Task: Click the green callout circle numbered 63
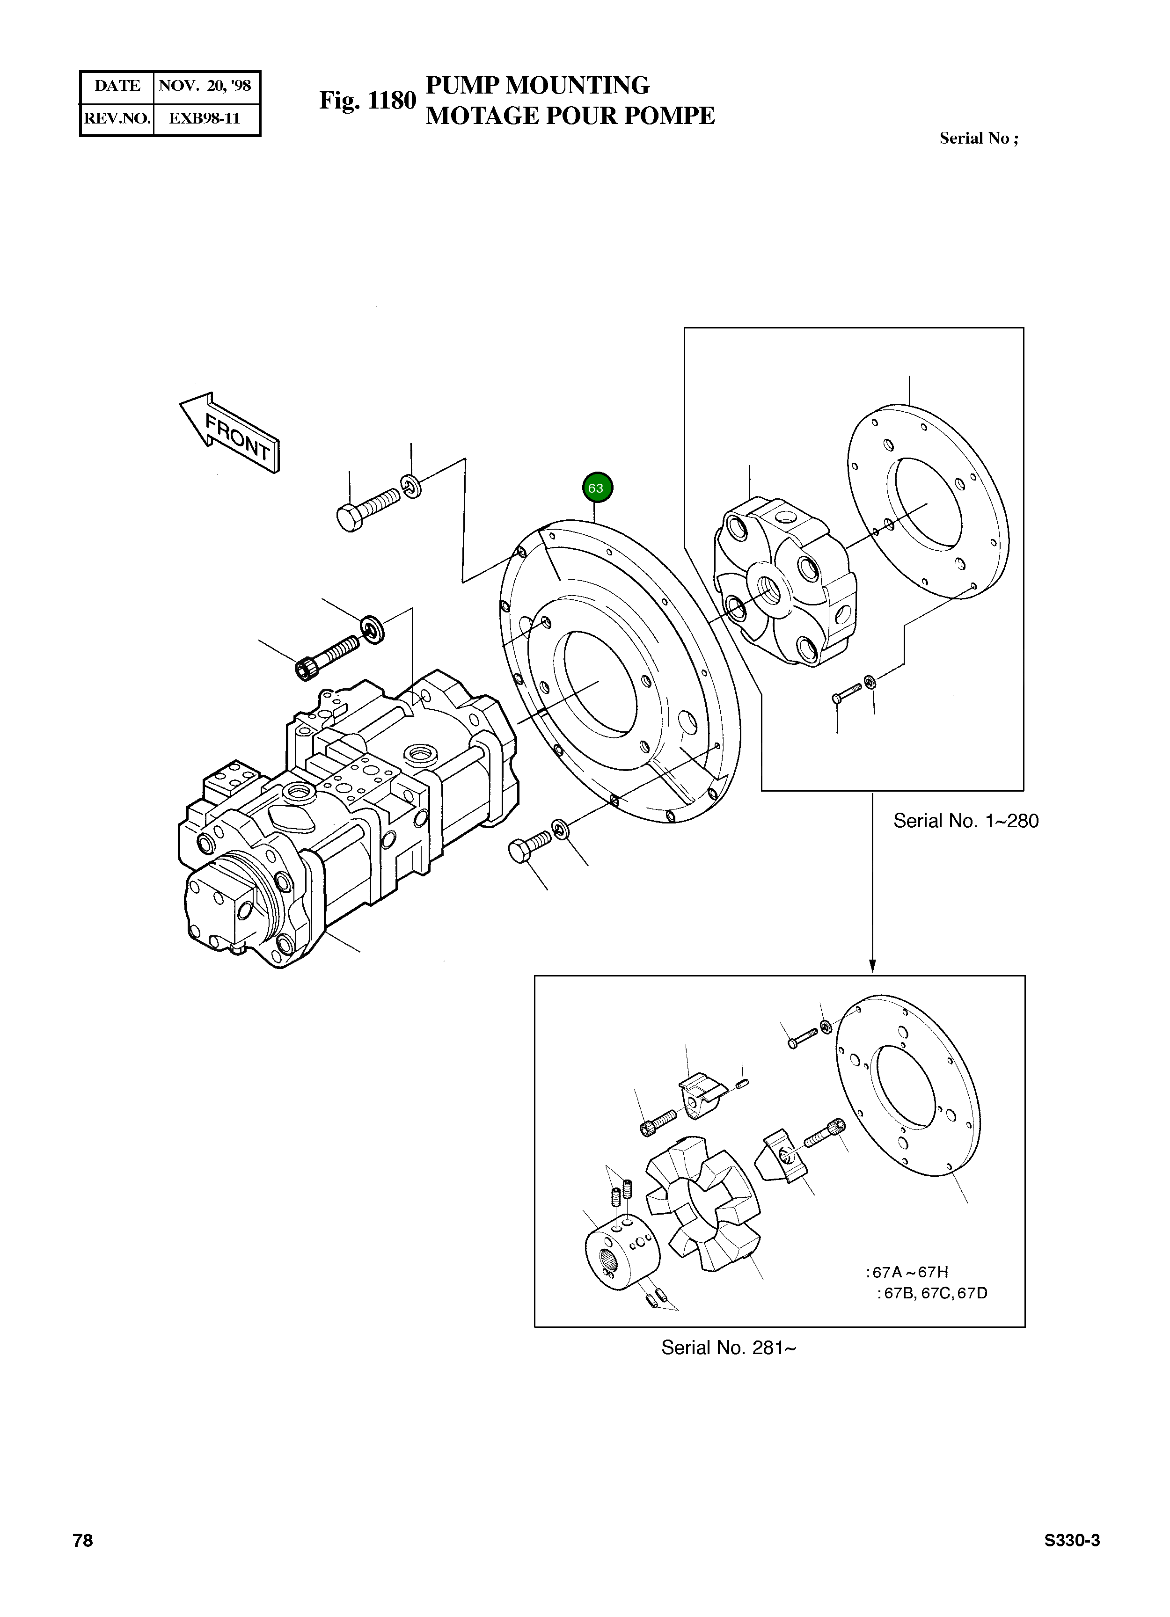click(597, 488)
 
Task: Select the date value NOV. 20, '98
click(205, 86)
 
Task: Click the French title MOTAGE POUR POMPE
click(570, 116)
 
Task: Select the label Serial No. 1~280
click(965, 821)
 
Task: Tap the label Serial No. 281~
click(728, 1347)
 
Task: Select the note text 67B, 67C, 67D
click(935, 1293)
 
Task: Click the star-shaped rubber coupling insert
click(703, 1212)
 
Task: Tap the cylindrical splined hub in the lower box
click(617, 1255)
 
